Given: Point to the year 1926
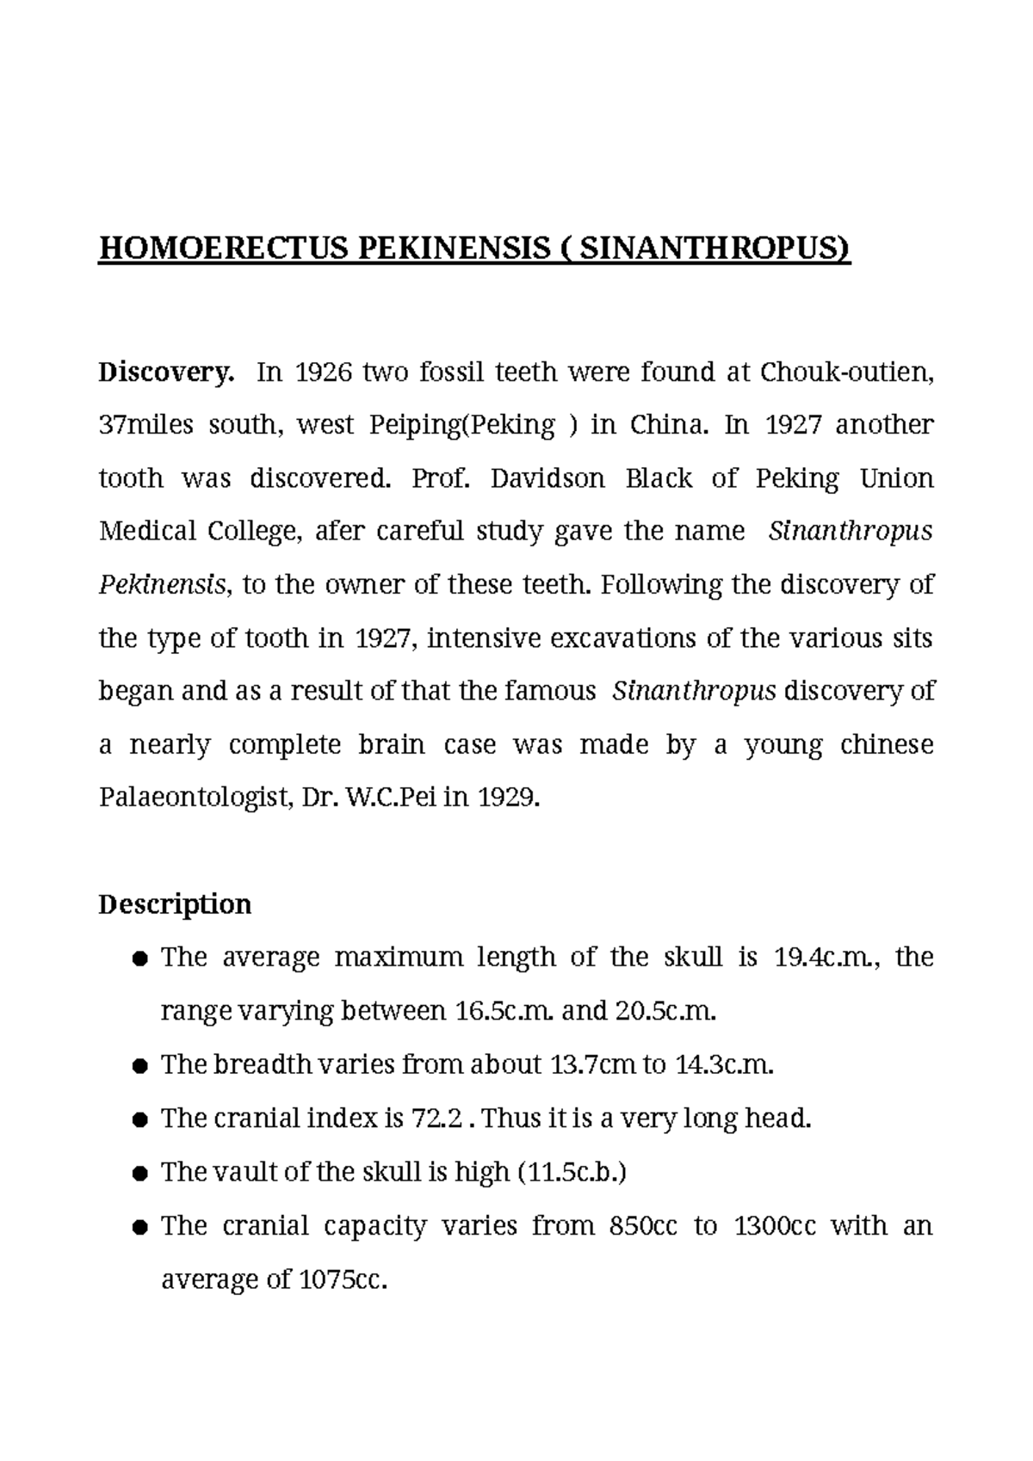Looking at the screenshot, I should coord(319,373).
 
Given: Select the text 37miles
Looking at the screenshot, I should coord(146,426).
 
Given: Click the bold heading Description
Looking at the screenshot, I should coord(175,904).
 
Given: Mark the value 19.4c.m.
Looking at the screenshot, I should coord(827,958).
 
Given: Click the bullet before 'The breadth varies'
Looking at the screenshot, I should coord(139,1067).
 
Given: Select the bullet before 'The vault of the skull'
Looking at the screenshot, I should coord(139,1174).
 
